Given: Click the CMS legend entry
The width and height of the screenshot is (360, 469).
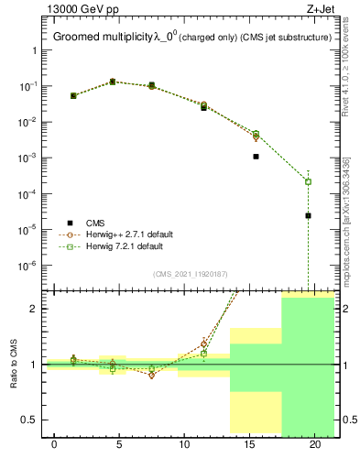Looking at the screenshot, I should coord(95,223).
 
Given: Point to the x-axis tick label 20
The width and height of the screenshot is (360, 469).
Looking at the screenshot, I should coord(314,444).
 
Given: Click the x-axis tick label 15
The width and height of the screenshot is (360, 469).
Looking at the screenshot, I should coord(249,444).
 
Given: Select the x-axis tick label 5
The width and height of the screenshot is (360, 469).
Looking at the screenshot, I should coord(119,444).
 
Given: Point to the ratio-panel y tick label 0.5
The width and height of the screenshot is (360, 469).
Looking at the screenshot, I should coord(31,420).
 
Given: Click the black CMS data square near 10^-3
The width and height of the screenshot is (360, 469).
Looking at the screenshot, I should coord(256,157).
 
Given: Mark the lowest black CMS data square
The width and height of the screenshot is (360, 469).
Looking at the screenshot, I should coord(308,215).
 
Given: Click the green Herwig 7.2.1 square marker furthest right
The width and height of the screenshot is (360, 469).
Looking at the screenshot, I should coord(308,181).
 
